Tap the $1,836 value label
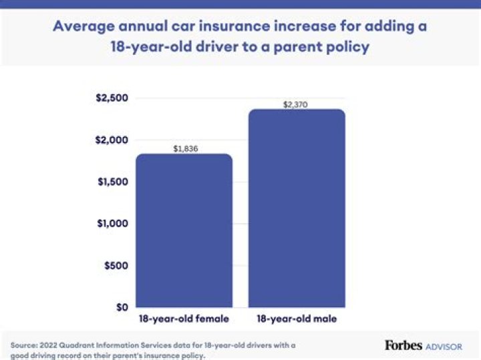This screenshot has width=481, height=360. (184, 149)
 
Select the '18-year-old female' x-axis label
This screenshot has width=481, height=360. (184, 319)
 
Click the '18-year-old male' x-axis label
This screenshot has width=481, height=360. (297, 319)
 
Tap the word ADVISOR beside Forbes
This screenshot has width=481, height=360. (444, 346)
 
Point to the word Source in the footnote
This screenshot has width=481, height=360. (24, 345)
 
